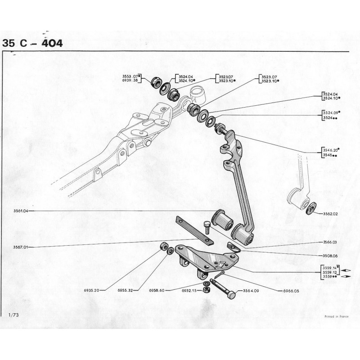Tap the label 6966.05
pos(290,291)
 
